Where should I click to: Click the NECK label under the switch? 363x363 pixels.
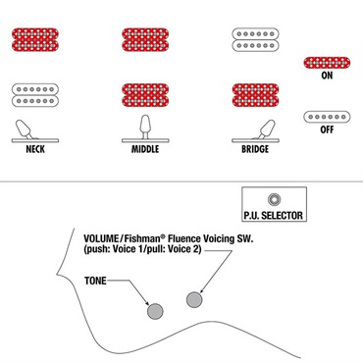tap(35, 149)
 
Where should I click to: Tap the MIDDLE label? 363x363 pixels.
tap(145, 149)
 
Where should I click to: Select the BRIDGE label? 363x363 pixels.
tap(255, 149)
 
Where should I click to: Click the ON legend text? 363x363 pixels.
tap(327, 76)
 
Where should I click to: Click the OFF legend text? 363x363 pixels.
tap(327, 130)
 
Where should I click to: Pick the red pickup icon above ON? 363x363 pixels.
tap(327, 63)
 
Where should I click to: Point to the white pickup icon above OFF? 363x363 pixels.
tap(327, 117)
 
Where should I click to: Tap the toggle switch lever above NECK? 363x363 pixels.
tap(25, 129)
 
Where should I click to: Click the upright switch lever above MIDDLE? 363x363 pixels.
tap(145, 127)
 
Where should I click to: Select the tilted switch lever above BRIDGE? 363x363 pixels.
tap(267, 129)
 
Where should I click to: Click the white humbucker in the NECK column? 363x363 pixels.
tap(35, 95)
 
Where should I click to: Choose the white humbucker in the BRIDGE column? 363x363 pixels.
tap(255, 40)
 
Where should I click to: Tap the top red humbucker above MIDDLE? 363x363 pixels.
tap(145, 40)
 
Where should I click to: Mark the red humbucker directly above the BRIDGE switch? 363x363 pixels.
tap(255, 95)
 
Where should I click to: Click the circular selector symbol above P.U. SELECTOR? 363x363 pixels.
tap(274, 199)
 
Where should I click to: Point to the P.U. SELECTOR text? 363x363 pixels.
tap(274, 216)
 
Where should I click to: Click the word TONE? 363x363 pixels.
tap(95, 281)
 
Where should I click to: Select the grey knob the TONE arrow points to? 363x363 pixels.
tap(155, 311)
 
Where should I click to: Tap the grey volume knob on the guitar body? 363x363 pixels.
tap(194, 299)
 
